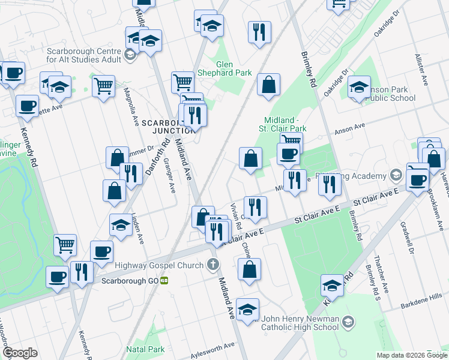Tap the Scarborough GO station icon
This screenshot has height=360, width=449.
(x=163, y=280)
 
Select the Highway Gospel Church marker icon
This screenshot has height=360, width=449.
(x=212, y=264)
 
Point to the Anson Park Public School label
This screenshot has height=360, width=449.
(x=390, y=94)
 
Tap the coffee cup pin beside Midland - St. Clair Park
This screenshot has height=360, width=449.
(x=288, y=154)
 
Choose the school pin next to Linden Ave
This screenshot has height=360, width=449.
(x=121, y=226)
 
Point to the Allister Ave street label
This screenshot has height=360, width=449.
(x=420, y=67)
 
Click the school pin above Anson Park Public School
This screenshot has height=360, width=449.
(x=359, y=87)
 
